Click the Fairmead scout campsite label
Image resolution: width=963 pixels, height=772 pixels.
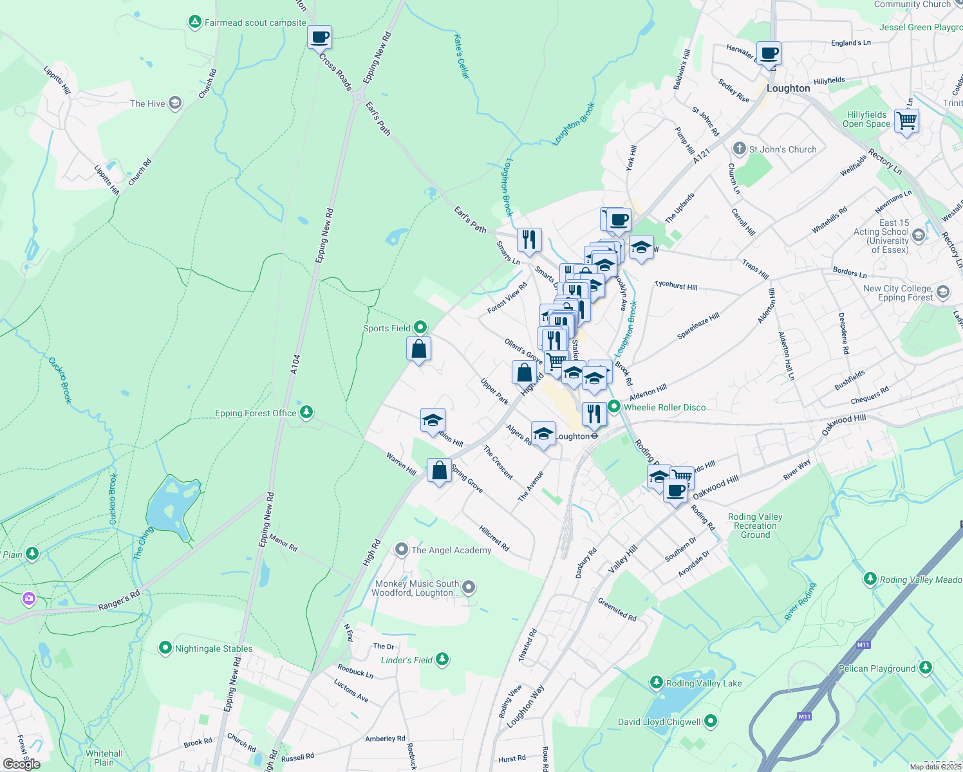[x=255, y=23]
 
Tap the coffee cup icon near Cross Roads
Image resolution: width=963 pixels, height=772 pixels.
[x=319, y=37]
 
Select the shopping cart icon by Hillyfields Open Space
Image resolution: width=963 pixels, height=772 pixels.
[x=906, y=120]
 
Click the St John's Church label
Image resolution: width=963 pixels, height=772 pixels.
[x=782, y=149]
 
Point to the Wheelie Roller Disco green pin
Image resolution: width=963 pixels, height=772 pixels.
[x=614, y=407]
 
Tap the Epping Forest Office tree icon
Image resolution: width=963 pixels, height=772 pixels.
[x=307, y=412]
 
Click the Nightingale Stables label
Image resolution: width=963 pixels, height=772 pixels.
[x=214, y=648]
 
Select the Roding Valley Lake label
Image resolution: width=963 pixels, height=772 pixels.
[x=704, y=683]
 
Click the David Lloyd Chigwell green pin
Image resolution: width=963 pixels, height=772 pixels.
[x=711, y=721]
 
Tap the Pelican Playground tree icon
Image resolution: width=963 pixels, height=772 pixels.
[x=925, y=667]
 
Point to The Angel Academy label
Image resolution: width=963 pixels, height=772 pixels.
[x=451, y=550]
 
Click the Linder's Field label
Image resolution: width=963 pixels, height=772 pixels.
[x=407, y=660]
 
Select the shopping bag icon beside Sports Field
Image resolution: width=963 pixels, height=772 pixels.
[x=418, y=349]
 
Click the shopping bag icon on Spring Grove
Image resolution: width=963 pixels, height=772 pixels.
[x=439, y=471]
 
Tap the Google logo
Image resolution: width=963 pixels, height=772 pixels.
[x=21, y=764]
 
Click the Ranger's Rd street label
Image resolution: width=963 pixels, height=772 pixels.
[x=119, y=601]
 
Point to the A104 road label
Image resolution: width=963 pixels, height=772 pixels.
[x=295, y=364]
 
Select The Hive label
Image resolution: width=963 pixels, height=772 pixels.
[x=147, y=104]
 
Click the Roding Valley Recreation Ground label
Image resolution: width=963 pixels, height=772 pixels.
[x=755, y=526]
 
